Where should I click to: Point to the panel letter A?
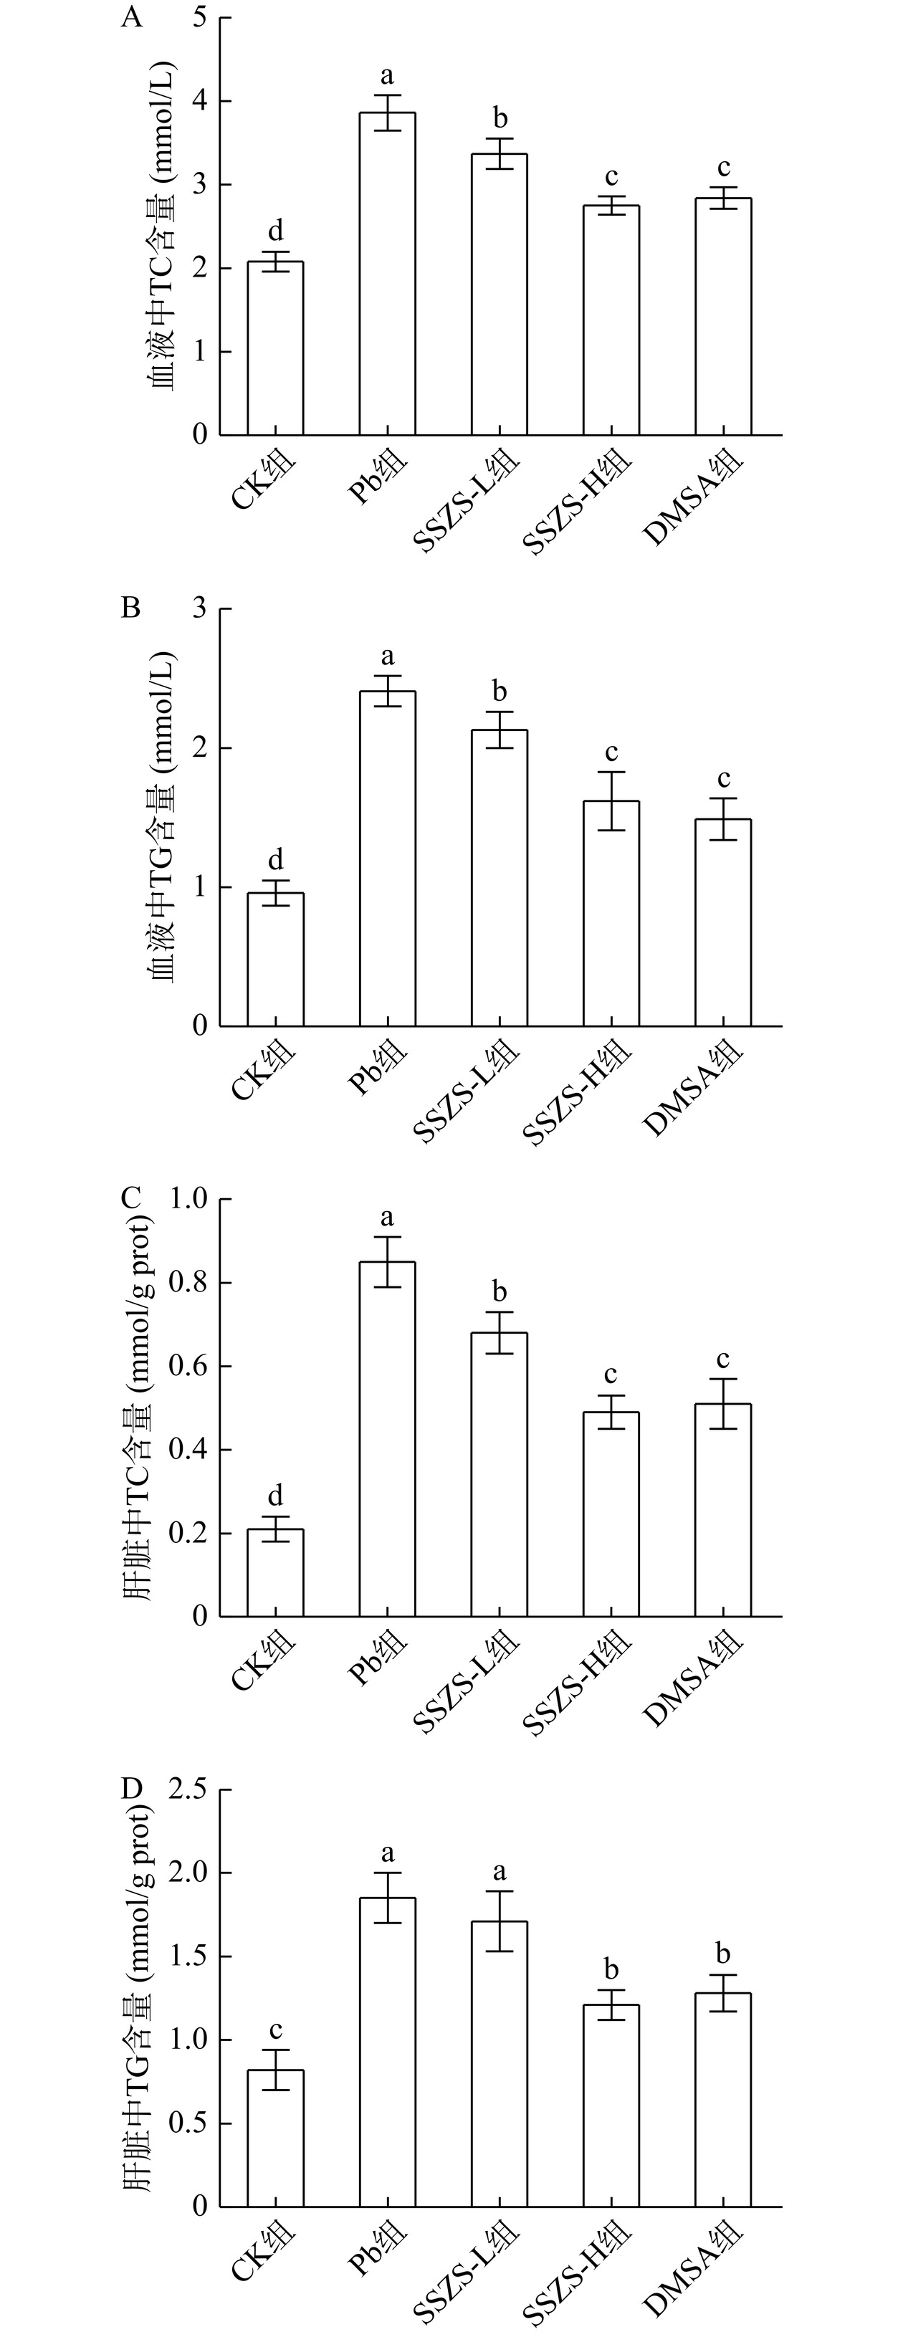point(132,18)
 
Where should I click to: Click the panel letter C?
point(132,1197)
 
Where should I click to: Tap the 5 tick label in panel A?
point(201,18)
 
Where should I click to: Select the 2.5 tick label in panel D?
point(188,1789)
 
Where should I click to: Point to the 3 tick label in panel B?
point(201,608)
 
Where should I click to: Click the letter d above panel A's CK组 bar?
point(276,231)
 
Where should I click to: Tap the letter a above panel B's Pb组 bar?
point(388,656)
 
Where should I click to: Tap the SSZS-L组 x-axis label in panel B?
point(467,1093)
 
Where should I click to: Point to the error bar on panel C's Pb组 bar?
point(388,1262)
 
